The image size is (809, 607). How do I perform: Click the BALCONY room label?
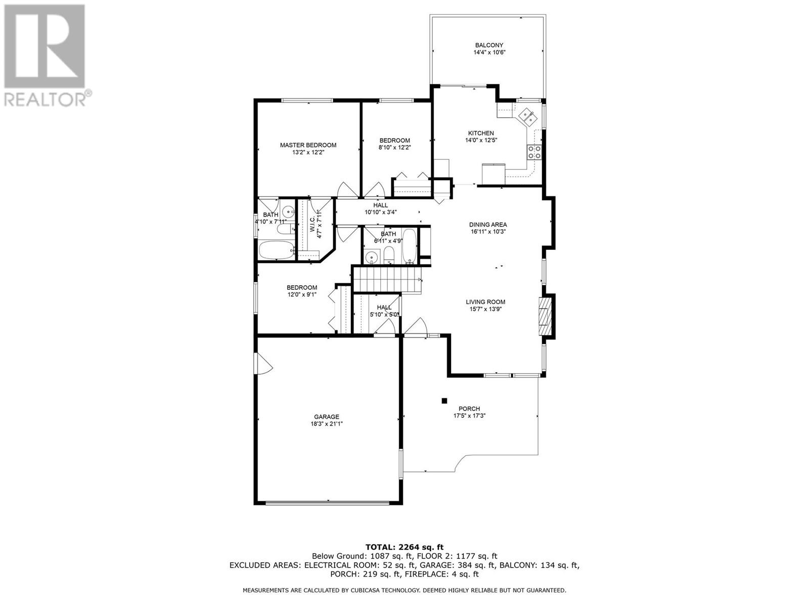[489, 46]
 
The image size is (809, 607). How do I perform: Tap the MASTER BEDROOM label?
[308, 145]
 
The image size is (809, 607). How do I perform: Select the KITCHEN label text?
[481, 133]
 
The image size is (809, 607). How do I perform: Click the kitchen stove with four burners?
[534, 152]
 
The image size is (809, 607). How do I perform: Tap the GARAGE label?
[327, 417]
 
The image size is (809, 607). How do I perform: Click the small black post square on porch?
[444, 401]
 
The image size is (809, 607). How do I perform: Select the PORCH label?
[469, 409]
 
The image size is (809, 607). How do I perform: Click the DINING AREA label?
[488, 225]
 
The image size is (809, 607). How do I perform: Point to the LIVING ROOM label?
[485, 302]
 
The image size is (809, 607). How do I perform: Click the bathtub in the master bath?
[277, 250]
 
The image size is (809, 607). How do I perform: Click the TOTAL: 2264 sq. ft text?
[404, 557]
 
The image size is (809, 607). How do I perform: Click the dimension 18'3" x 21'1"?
[327, 424]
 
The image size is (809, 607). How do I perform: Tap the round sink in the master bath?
[288, 212]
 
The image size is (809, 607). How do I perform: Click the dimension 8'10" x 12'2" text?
[395, 147]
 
